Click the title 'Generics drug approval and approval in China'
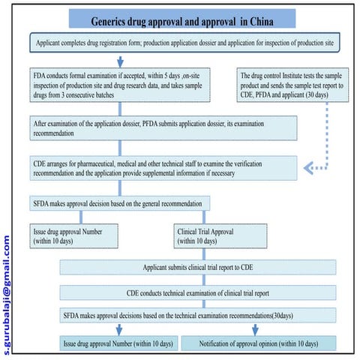[x=180, y=20]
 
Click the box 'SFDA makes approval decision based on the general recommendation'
[x=120, y=202]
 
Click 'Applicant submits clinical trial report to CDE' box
[x=197, y=267]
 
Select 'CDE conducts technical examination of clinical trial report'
[x=197, y=292]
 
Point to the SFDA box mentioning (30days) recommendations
[x=197, y=316]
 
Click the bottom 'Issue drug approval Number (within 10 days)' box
[x=117, y=343]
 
